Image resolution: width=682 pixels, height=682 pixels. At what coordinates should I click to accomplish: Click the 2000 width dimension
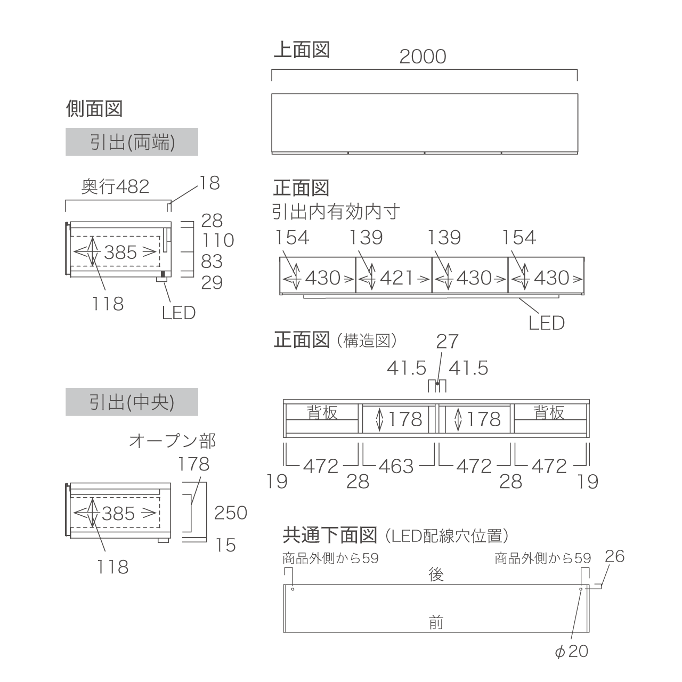[x=423, y=56]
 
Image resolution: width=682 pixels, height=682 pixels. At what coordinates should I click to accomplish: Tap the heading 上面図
[x=302, y=50]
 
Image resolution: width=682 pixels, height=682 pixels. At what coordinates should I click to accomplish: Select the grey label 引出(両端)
[x=132, y=142]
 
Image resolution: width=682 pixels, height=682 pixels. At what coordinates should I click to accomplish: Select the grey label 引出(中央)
[x=132, y=402]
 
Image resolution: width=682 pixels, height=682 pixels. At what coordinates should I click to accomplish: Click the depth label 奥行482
[x=116, y=186]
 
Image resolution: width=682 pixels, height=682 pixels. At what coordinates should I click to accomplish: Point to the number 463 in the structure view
[x=396, y=466]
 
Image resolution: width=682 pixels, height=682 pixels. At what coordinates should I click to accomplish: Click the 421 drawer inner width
[x=396, y=278]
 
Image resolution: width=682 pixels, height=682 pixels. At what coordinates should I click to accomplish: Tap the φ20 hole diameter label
[x=572, y=651]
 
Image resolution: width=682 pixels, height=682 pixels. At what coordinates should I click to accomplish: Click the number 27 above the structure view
[x=448, y=342]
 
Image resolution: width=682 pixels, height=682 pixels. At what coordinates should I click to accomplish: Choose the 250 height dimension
[x=230, y=513]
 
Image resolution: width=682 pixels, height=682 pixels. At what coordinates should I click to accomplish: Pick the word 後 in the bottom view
[x=436, y=574]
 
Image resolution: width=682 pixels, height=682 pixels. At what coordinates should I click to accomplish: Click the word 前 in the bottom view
[x=436, y=622]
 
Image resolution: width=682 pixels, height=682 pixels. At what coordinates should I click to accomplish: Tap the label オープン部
[x=172, y=441]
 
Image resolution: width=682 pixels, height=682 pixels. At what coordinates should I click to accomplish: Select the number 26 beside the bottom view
[x=614, y=556]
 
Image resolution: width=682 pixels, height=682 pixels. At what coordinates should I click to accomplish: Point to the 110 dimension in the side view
[x=218, y=240]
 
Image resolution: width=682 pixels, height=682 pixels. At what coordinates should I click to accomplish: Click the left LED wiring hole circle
[x=293, y=589]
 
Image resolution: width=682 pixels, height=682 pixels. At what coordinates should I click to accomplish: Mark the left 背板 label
[x=322, y=412]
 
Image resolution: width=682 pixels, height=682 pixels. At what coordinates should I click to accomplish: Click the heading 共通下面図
[x=329, y=535]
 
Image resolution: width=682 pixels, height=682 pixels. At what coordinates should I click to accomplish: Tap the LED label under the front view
[x=547, y=323]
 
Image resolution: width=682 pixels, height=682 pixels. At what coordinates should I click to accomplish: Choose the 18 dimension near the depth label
[x=209, y=183]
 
